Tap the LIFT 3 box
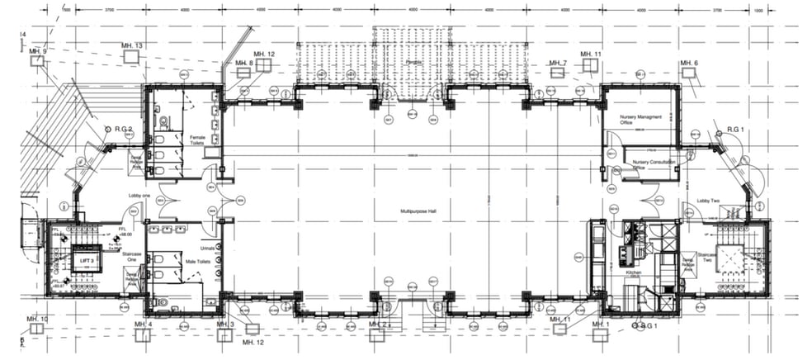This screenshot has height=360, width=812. tap(85, 259)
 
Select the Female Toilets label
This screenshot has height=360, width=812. tap(198, 140)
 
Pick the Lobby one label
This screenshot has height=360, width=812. tap(139, 196)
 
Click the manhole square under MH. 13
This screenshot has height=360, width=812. tap(130, 56)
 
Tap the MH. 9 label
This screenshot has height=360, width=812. tap(38, 51)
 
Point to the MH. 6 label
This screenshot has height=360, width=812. tap(689, 64)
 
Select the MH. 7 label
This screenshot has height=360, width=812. tap(559, 63)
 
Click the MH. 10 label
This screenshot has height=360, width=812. tap(38, 320)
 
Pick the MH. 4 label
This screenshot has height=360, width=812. tap(144, 325)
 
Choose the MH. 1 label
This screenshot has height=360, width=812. tap(601, 325)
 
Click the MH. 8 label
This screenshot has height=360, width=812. tap(243, 63)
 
